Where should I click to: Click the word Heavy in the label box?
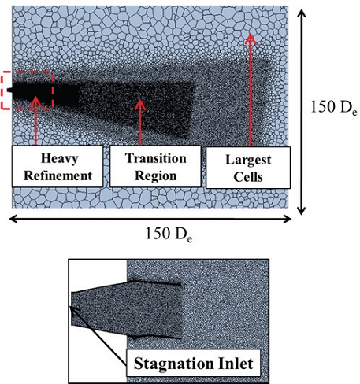(59, 159)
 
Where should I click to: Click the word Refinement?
(58, 175)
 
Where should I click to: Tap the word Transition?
(155, 158)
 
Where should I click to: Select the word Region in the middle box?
(155, 175)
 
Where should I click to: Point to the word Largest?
(248, 160)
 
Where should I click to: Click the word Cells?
(248, 177)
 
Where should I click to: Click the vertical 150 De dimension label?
(333, 108)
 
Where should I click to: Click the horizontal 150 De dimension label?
(169, 234)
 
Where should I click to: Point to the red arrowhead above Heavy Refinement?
(35, 102)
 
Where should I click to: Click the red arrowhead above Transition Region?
(140, 105)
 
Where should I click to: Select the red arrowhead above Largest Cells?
(251, 39)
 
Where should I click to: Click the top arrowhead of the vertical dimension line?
(302, 13)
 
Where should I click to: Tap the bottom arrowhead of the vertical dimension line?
(302, 211)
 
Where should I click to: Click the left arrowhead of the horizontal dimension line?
(13, 219)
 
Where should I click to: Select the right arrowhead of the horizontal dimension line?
(287, 219)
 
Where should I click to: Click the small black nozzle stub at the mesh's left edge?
(9, 90)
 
